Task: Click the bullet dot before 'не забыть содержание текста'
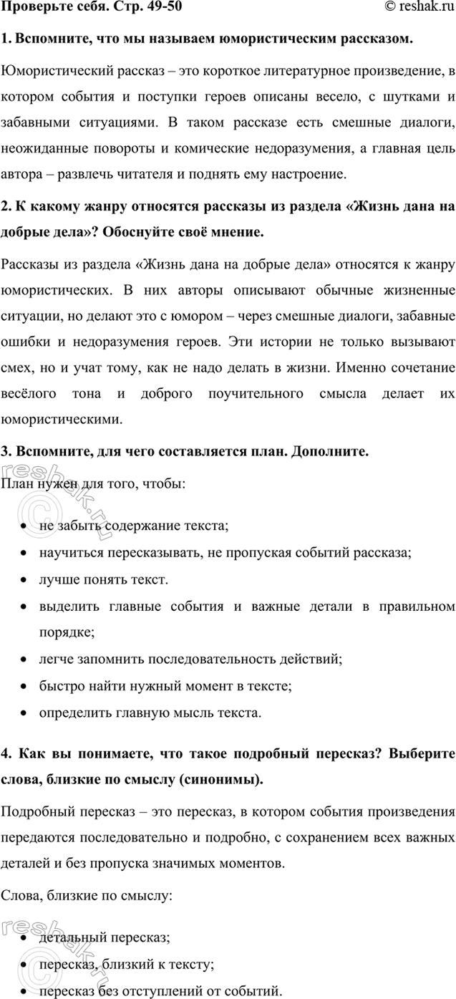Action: (25, 528)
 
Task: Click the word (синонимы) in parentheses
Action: (223, 779)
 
